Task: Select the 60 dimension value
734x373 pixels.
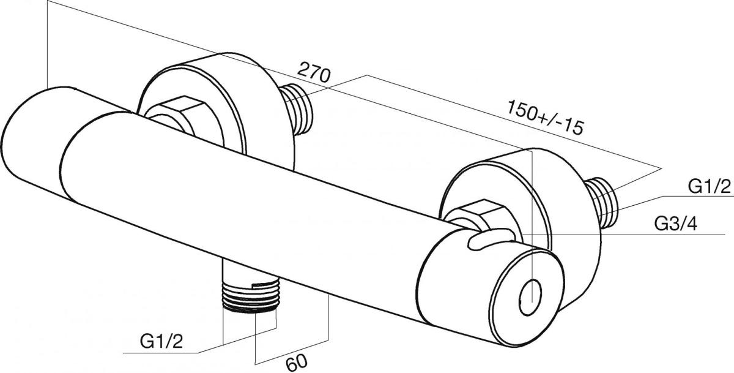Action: click(x=297, y=362)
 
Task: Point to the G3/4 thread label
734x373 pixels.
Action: click(x=675, y=224)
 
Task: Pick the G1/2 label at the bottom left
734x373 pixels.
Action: click(x=161, y=342)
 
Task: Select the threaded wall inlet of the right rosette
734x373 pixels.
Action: click(x=602, y=202)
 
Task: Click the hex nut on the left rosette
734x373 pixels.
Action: click(x=173, y=114)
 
